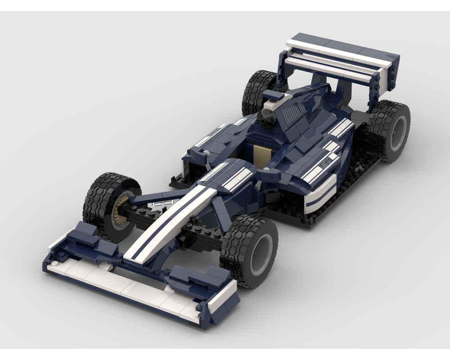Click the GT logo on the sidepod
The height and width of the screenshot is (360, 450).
(x=325, y=165)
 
